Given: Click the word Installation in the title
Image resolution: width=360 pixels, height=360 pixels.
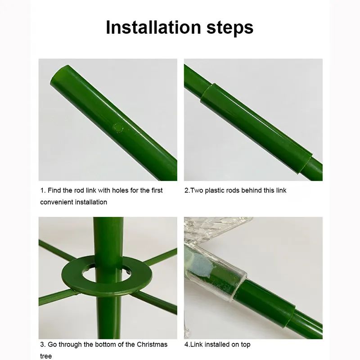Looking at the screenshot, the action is tap(153, 27).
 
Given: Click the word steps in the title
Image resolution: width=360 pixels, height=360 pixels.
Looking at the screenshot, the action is tap(230, 28).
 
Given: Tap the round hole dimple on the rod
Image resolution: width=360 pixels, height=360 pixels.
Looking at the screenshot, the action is tap(118, 128).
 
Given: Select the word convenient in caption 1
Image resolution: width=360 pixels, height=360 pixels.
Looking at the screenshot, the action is tap(57, 202).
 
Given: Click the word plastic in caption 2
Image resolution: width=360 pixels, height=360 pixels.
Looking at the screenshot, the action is tap(216, 190).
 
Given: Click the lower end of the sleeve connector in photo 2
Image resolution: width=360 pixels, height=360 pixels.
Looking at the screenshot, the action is tap(306, 163).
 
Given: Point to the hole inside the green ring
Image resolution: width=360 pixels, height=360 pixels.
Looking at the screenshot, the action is tap(89, 274).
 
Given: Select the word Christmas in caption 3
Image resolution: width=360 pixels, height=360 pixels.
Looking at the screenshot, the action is tap(152, 345).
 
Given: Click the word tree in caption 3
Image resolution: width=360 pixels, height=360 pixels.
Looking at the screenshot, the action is tap(46, 356).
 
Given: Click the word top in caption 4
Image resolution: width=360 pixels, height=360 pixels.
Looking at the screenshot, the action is tap(245, 345).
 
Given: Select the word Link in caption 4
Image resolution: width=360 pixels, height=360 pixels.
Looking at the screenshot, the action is tap(197, 345).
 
